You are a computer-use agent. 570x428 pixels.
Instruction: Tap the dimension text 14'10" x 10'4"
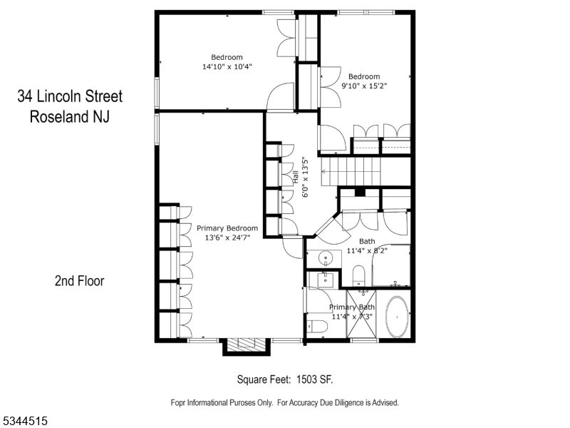227,66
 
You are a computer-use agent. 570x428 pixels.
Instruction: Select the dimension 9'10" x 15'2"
363,85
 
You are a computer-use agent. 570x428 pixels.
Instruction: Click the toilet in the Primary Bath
316,327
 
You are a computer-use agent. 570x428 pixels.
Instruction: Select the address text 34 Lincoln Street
70,96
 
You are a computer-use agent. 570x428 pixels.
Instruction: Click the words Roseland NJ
70,117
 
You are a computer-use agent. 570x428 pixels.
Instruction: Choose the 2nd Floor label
79,281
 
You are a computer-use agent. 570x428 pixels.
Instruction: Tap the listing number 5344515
24,422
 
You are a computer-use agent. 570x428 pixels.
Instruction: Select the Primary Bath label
352,307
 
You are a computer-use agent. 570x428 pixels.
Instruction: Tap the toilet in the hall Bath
358,275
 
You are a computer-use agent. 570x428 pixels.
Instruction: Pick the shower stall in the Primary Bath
364,314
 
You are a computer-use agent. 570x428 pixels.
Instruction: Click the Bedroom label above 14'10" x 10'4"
227,57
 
